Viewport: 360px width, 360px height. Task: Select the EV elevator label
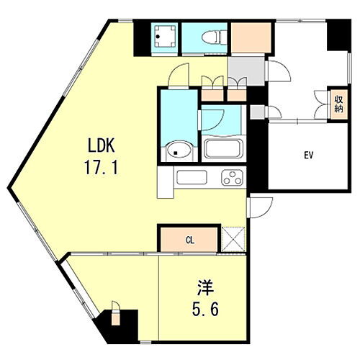[x=307, y=155]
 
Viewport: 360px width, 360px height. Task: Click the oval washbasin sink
[x=177, y=150]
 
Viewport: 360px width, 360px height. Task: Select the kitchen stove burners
[x=233, y=177]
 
